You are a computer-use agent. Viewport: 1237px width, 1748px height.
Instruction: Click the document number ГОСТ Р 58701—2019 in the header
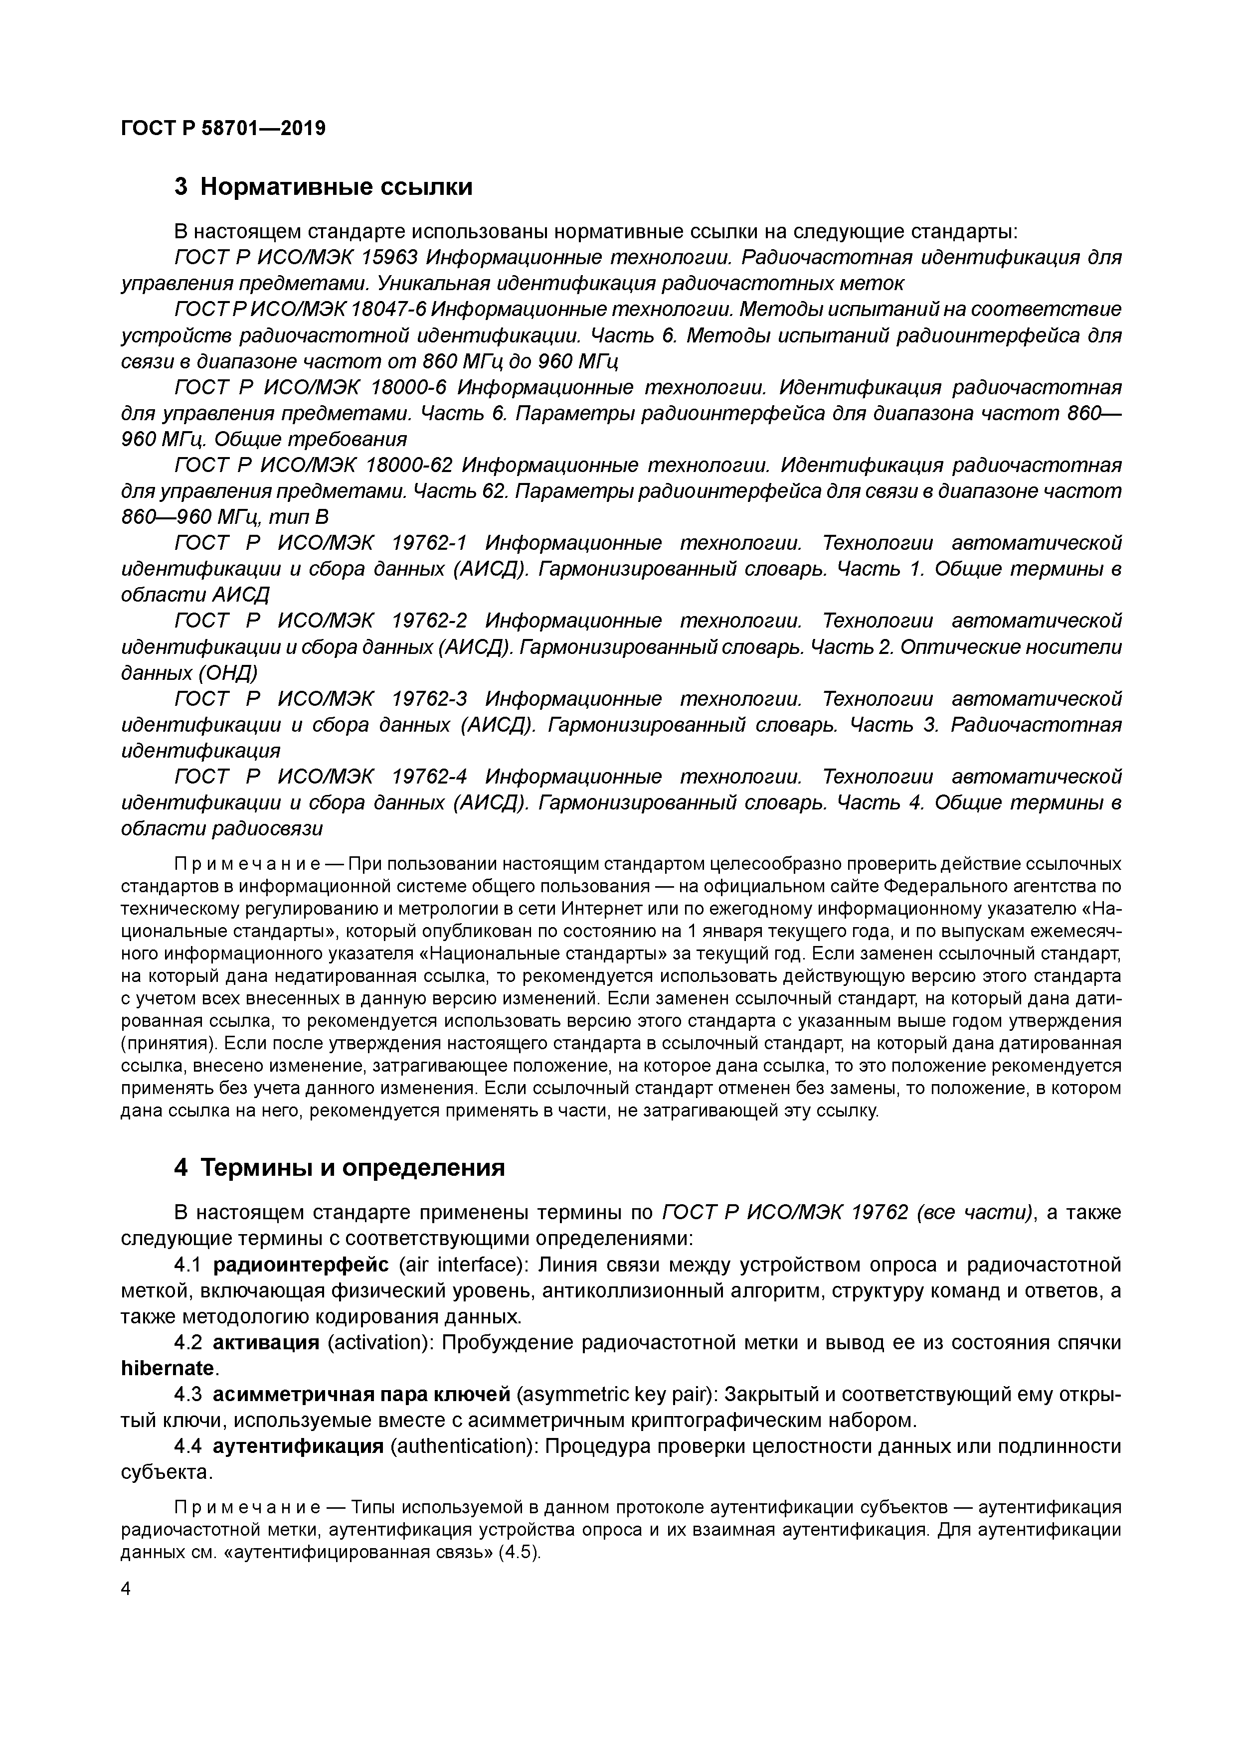pos(223,128)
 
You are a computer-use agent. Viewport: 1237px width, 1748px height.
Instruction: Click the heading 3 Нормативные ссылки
pos(323,186)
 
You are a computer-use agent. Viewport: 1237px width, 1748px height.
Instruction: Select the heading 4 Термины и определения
pos(339,1168)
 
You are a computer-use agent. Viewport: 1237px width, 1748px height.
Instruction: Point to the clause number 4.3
pos(187,1395)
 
